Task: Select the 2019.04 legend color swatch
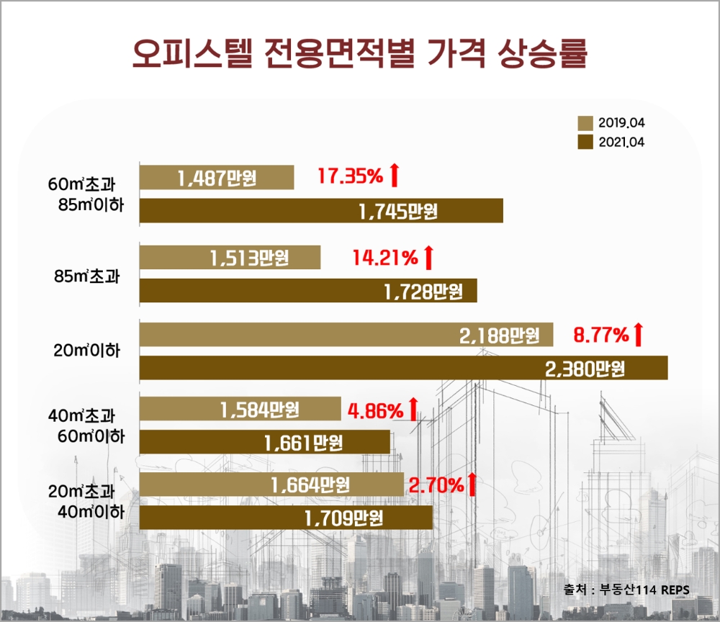[x=585, y=122]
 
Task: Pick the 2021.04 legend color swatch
[x=585, y=142]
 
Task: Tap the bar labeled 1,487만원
[x=216, y=177]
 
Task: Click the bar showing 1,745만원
[x=320, y=211]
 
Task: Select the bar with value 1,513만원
[x=230, y=257]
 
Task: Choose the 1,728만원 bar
[x=307, y=291]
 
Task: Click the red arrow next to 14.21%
[x=428, y=257]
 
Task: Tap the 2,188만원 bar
[x=346, y=335]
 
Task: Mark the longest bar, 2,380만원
[x=403, y=369]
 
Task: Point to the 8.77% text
[x=600, y=335]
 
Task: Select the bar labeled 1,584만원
[x=240, y=410]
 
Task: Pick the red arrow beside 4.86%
[x=413, y=410]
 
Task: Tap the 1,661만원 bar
[x=264, y=442]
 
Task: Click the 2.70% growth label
[x=435, y=485]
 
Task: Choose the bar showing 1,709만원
[x=286, y=518]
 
